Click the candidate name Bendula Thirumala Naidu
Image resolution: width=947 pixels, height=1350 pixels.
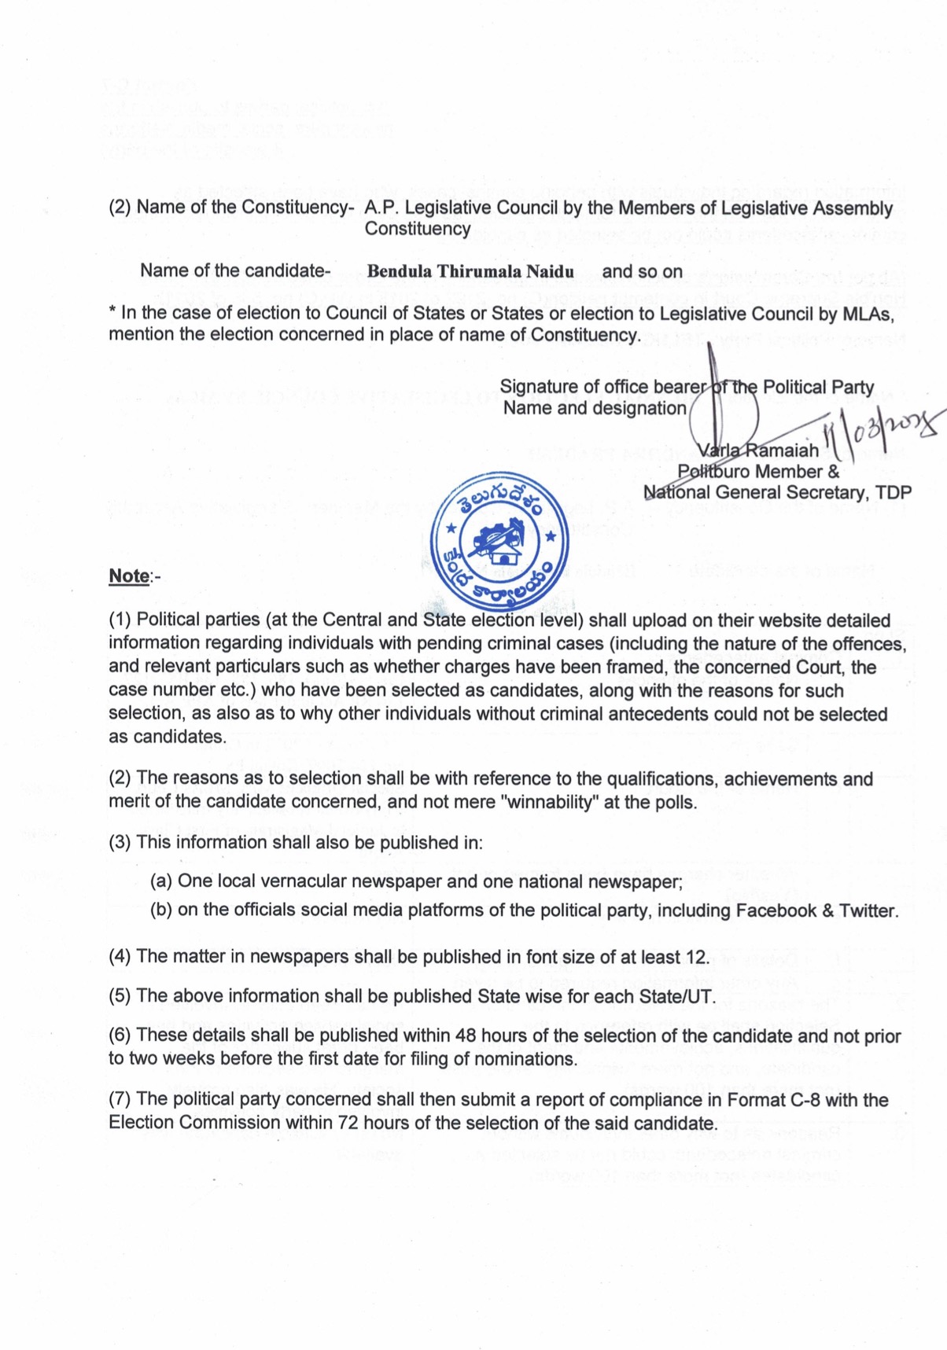470,272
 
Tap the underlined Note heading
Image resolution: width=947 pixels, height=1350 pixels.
129,576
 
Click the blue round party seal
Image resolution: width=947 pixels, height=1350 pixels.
501,543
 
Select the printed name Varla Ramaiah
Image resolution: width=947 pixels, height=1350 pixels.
758,451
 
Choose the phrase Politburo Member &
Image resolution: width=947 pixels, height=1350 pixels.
758,472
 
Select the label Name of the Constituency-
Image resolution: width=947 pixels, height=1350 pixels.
245,208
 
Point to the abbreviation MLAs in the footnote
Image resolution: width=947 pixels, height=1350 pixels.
871,315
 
